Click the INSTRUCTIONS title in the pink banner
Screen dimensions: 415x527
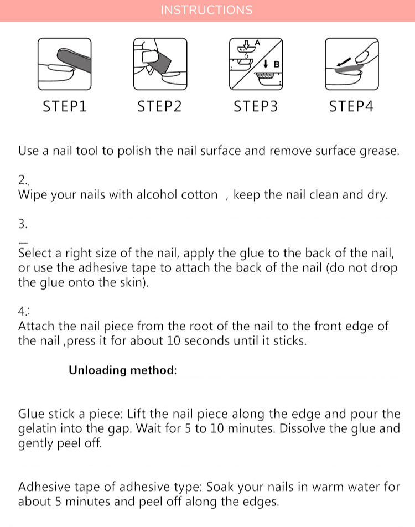206,10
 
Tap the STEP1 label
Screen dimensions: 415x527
65,106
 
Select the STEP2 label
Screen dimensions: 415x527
159,106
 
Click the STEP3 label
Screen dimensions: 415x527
256,106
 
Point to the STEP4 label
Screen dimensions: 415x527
351,106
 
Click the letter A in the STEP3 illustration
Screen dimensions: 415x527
257,43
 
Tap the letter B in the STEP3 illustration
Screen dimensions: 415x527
277,64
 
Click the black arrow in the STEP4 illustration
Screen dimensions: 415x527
344,61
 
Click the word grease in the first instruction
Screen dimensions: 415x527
380,151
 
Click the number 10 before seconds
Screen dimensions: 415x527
174,341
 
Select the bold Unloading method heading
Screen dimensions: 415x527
123,370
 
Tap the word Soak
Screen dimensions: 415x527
222,487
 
